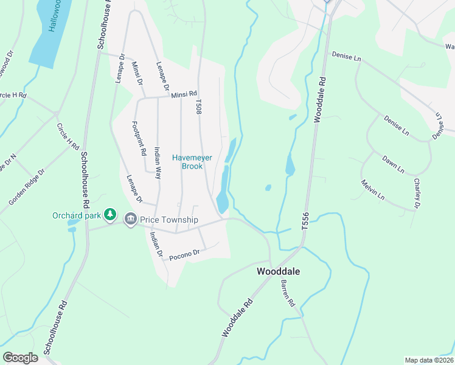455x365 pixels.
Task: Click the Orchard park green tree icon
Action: tap(110, 214)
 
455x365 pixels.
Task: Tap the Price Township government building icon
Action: tap(130, 219)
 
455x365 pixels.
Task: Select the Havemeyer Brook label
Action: tap(192, 161)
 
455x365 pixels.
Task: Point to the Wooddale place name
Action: tap(279, 271)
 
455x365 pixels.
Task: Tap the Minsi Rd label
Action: tap(184, 94)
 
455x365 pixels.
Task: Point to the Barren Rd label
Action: tap(288, 293)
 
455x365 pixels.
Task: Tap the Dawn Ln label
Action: tap(394, 164)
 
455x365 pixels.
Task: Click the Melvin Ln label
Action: tap(372, 190)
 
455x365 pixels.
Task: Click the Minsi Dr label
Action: tap(137, 73)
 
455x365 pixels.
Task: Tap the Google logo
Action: tap(21, 358)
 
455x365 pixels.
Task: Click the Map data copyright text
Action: tap(429, 360)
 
